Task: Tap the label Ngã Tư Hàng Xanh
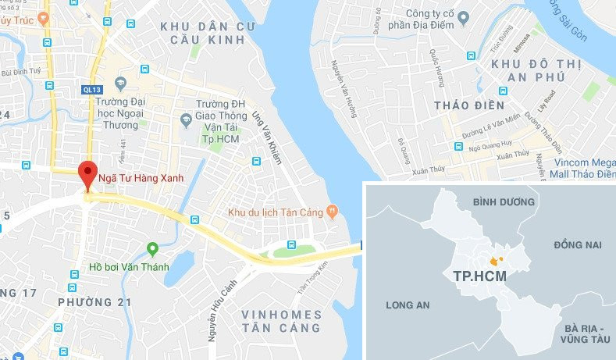click(141, 178)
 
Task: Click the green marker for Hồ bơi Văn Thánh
click(153, 249)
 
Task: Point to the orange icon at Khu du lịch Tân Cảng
click(332, 210)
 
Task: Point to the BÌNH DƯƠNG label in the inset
click(501, 202)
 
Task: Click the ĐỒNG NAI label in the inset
click(577, 245)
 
